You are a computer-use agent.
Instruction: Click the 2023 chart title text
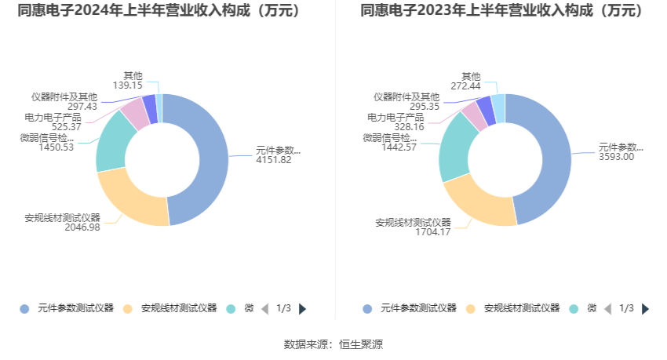pyautogui.click(x=501, y=11)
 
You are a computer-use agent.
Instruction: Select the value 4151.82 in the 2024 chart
pyautogui.click(x=274, y=160)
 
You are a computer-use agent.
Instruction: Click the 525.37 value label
pyautogui.click(x=66, y=126)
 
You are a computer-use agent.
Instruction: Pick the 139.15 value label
pyautogui.click(x=127, y=85)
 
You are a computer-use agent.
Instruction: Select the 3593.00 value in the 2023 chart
pyautogui.click(x=616, y=156)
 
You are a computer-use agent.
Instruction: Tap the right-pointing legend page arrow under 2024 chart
pyautogui.click(x=303, y=309)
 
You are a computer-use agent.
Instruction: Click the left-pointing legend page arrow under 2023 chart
pyautogui.click(x=607, y=309)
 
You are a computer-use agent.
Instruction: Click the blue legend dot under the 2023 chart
pyautogui.click(x=366, y=309)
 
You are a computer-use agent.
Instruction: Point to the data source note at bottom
pyautogui.click(x=333, y=344)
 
